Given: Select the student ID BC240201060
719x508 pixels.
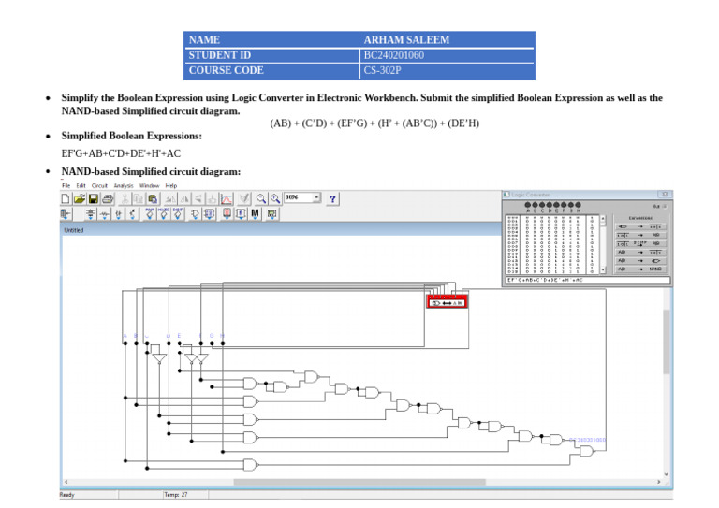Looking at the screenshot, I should pyautogui.click(x=394, y=55).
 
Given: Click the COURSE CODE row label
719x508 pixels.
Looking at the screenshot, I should pyautogui.click(x=226, y=70).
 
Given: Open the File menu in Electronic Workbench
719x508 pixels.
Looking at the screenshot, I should pyautogui.click(x=66, y=186).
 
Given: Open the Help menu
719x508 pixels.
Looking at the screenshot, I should pyautogui.click(x=170, y=186).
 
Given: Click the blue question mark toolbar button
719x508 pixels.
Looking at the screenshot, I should pyautogui.click(x=332, y=198).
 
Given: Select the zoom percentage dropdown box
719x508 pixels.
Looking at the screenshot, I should pyautogui.click(x=301, y=198).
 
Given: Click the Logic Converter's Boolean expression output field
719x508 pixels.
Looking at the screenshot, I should pyautogui.click(x=588, y=280).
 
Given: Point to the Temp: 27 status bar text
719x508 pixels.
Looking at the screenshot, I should pyautogui.click(x=175, y=494).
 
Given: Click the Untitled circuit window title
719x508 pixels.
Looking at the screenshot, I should pyautogui.click(x=73, y=229).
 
